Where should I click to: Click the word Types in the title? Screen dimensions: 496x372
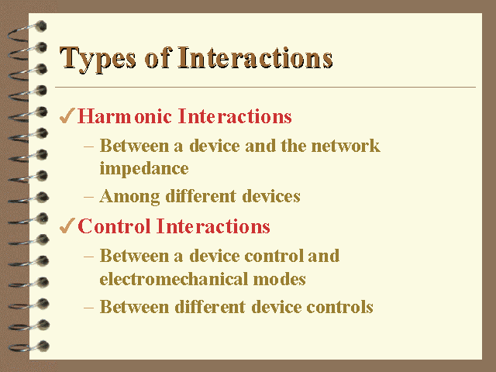point(98,59)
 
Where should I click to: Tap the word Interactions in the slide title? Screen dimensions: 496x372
point(255,57)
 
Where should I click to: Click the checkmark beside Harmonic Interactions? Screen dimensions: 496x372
point(67,115)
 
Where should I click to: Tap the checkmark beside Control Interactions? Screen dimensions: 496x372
point(67,226)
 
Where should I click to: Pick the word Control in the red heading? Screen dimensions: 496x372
point(114,226)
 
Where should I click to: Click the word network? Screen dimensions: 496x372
point(346,146)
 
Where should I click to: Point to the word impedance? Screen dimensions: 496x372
point(144,169)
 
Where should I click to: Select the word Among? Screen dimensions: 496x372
point(129,197)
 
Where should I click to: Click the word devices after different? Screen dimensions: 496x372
point(271,196)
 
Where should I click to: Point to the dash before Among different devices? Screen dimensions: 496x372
point(88,197)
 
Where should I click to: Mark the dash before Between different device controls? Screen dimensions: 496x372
point(88,308)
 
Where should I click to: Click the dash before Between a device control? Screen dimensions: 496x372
point(88,257)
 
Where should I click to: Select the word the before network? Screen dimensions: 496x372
point(294,146)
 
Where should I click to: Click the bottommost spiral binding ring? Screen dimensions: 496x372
point(29,346)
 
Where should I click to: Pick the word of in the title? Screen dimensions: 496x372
point(158,57)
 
